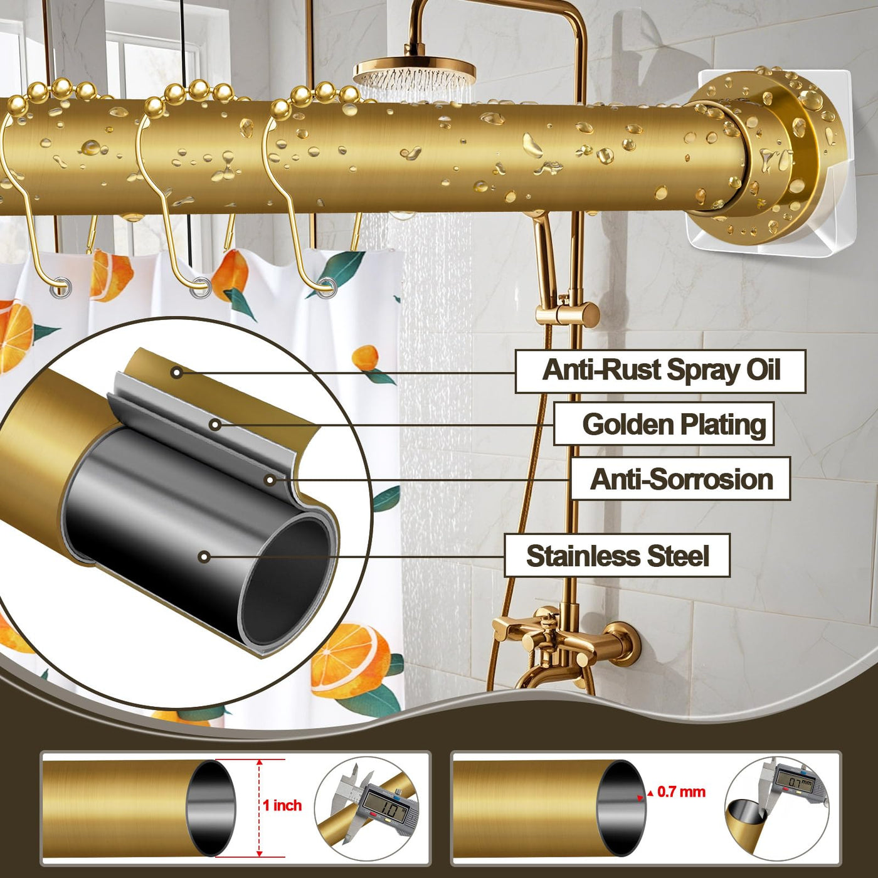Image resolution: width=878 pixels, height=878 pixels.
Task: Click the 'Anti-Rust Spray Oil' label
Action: (x=660, y=371)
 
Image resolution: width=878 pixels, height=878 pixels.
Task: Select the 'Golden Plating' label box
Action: (x=664, y=424)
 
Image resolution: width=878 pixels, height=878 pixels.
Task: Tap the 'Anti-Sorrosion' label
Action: (x=680, y=479)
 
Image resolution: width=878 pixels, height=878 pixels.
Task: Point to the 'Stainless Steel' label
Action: (x=617, y=556)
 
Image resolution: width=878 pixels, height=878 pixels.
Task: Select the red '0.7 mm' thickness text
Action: (x=681, y=792)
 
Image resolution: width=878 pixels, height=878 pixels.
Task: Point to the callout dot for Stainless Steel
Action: (x=204, y=556)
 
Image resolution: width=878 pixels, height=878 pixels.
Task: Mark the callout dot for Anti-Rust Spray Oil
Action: (x=177, y=373)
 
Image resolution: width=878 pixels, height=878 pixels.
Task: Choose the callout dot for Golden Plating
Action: (x=215, y=425)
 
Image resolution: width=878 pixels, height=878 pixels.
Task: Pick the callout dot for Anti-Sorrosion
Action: (x=270, y=480)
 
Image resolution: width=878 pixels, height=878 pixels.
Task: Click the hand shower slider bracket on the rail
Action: (x=568, y=313)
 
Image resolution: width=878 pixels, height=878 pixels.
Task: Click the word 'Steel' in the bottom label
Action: (x=678, y=556)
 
